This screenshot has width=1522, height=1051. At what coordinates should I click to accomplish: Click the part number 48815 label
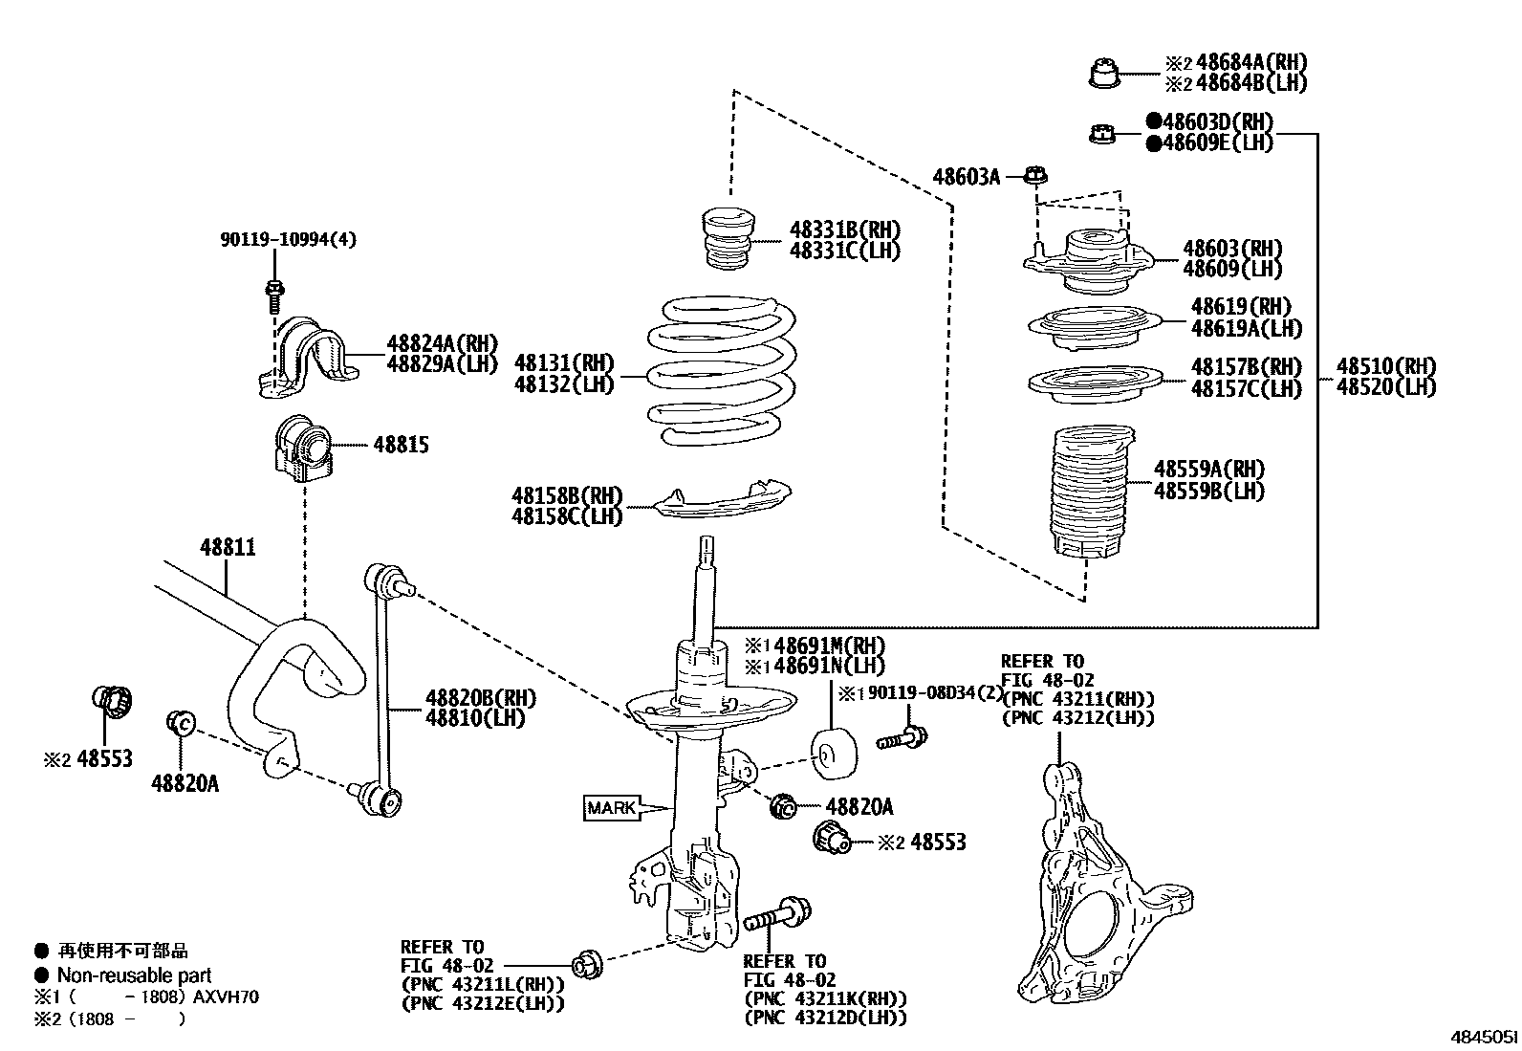click(401, 445)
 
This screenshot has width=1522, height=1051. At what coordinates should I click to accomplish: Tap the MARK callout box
click(612, 808)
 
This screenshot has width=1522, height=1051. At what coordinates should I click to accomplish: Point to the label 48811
click(228, 548)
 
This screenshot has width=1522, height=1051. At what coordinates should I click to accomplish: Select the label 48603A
click(966, 176)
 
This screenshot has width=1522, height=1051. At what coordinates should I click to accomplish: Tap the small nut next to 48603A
click(1035, 175)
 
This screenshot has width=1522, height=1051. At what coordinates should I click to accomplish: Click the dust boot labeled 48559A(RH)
click(1088, 497)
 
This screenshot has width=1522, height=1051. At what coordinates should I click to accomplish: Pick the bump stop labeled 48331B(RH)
click(725, 239)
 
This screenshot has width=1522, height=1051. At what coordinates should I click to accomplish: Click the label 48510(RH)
click(1386, 366)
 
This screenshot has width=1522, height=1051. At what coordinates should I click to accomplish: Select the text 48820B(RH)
click(480, 698)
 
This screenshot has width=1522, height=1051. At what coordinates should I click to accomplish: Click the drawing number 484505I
click(1482, 1037)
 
